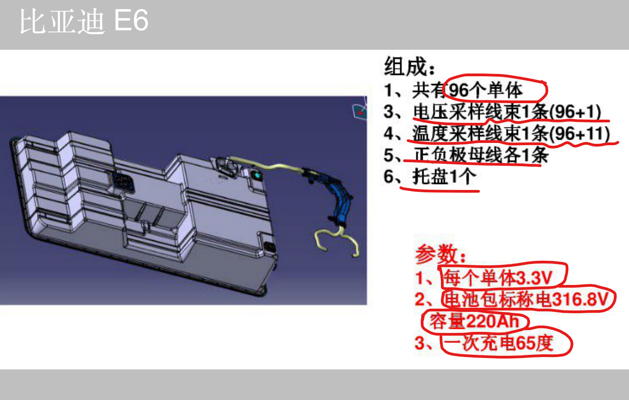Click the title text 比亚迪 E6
(x=84, y=21)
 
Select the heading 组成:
(x=409, y=67)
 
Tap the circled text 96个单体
(x=486, y=90)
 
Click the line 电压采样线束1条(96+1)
(x=507, y=112)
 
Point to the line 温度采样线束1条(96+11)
(x=511, y=133)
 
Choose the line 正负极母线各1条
(x=481, y=155)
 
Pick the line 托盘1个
(x=444, y=176)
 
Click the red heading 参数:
(x=440, y=254)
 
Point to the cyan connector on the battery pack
(x=257, y=175)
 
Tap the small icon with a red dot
(x=360, y=112)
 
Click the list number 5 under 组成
(x=389, y=155)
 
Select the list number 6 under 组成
(x=389, y=176)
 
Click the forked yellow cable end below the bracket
(x=337, y=242)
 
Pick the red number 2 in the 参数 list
(x=420, y=300)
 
